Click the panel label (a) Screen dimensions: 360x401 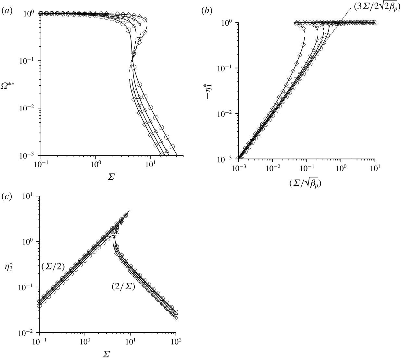pyautogui.click(x=7, y=11)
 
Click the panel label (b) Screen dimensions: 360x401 pyautogui.click(x=207, y=11)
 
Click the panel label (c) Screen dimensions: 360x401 pyautogui.click(x=7, y=197)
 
